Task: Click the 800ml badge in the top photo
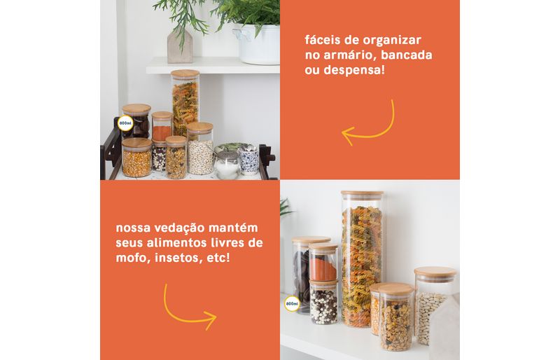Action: (x=125, y=123)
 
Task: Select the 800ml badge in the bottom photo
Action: (x=292, y=304)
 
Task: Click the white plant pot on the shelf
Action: (x=257, y=44)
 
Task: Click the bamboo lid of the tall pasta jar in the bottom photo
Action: (x=362, y=194)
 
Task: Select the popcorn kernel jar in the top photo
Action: (x=136, y=158)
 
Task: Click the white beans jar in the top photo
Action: (x=200, y=148)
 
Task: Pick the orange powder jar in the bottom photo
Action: (x=323, y=263)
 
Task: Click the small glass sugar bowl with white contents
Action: (x=227, y=165)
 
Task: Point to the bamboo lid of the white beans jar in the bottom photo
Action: (x=435, y=272)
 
